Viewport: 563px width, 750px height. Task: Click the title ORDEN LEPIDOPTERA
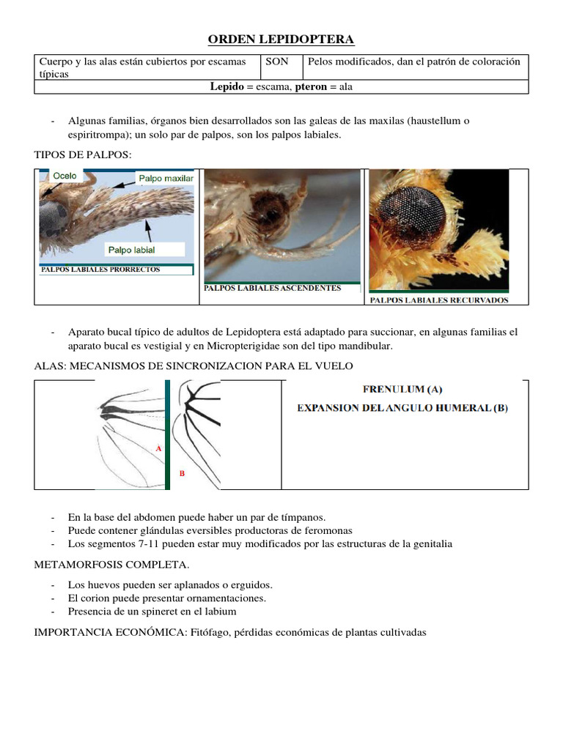[281, 39]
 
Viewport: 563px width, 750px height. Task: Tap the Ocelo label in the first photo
[65, 176]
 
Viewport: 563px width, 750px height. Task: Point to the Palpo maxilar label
[166, 178]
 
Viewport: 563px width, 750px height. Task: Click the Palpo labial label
[131, 250]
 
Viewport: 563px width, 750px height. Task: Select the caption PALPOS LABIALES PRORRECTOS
[100, 270]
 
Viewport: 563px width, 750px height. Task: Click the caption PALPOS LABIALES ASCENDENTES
[272, 288]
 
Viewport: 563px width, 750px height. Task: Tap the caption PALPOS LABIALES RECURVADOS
[438, 300]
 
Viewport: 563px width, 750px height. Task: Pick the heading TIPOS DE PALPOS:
[83, 154]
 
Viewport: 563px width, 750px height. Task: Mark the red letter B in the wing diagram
[182, 473]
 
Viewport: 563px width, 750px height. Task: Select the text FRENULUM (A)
[402, 390]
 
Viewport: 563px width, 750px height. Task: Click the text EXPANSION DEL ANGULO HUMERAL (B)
[402, 408]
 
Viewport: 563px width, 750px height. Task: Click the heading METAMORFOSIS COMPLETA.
[111, 565]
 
